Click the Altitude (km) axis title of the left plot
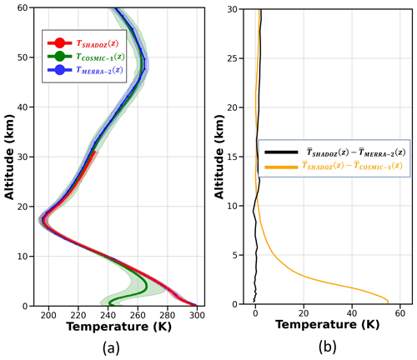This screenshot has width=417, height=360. coord(9,157)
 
